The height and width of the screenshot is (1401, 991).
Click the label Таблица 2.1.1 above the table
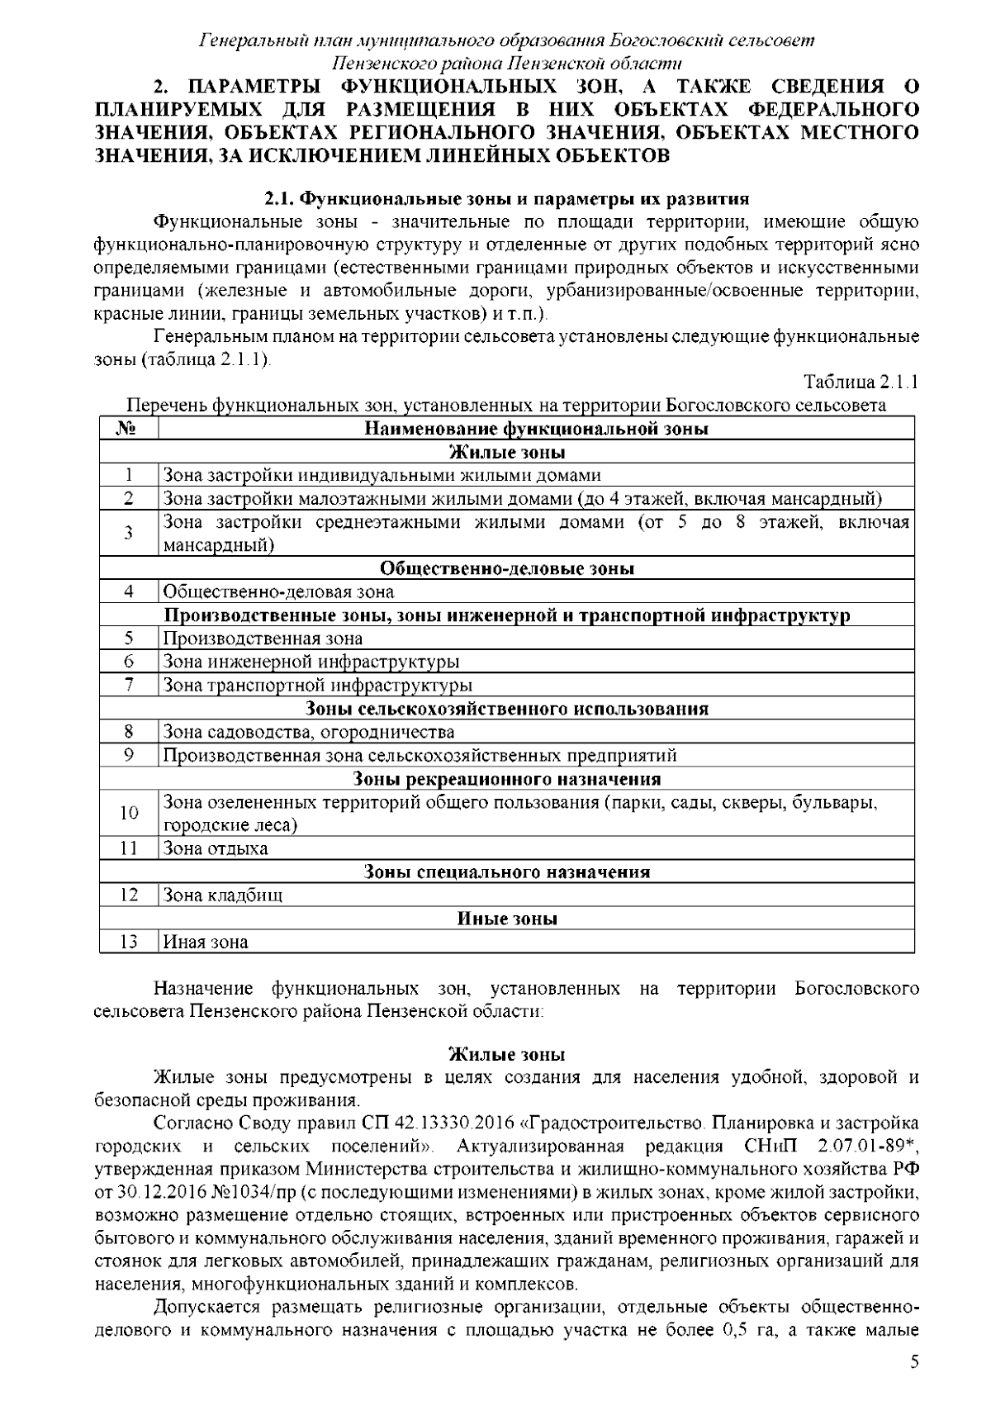click(861, 382)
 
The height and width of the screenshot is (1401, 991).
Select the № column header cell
click(128, 429)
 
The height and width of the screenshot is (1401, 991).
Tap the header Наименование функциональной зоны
click(536, 429)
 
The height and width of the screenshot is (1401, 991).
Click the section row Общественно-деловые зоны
click(506, 568)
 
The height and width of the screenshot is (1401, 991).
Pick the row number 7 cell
click(128, 685)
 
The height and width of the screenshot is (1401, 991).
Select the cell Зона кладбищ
click(223, 895)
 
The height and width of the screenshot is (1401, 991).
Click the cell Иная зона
click(206, 942)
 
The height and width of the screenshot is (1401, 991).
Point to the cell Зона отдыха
click(216, 848)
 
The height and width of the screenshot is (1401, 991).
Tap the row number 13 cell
click(128, 942)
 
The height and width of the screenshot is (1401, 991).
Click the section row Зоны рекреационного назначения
click(506, 779)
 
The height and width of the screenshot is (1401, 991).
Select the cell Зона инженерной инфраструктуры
click(311, 662)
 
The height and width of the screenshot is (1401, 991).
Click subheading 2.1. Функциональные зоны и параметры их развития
click(506, 198)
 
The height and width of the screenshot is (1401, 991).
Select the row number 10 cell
click(128, 813)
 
